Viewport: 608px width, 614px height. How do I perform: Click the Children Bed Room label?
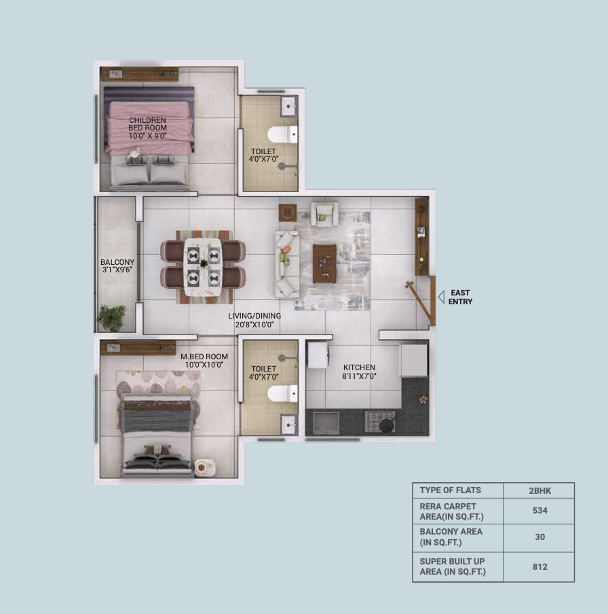[147, 128]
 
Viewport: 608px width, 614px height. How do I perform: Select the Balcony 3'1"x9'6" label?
[117, 266]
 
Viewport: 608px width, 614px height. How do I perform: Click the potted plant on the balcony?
[112, 318]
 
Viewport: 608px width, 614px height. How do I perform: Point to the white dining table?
[203, 267]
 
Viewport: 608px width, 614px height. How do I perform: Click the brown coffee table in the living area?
[324, 263]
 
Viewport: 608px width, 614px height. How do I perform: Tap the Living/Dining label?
[254, 320]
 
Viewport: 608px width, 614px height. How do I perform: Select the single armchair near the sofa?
[325, 214]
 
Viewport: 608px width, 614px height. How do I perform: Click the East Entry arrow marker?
[441, 297]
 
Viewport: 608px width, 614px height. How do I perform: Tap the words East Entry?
[460, 297]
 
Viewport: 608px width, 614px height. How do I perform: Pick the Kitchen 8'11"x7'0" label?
[359, 372]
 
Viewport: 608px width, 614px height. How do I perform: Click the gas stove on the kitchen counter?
[379, 421]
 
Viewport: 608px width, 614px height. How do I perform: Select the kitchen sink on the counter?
[326, 423]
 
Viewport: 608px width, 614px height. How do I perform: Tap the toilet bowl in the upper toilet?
[282, 134]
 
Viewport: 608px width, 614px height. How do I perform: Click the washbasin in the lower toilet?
[289, 425]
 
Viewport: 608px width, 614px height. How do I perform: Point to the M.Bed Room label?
[204, 361]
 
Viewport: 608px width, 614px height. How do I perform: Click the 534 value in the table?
[540, 511]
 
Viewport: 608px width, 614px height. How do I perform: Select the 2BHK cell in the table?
[540, 490]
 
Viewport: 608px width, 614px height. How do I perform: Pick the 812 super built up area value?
[540, 567]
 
